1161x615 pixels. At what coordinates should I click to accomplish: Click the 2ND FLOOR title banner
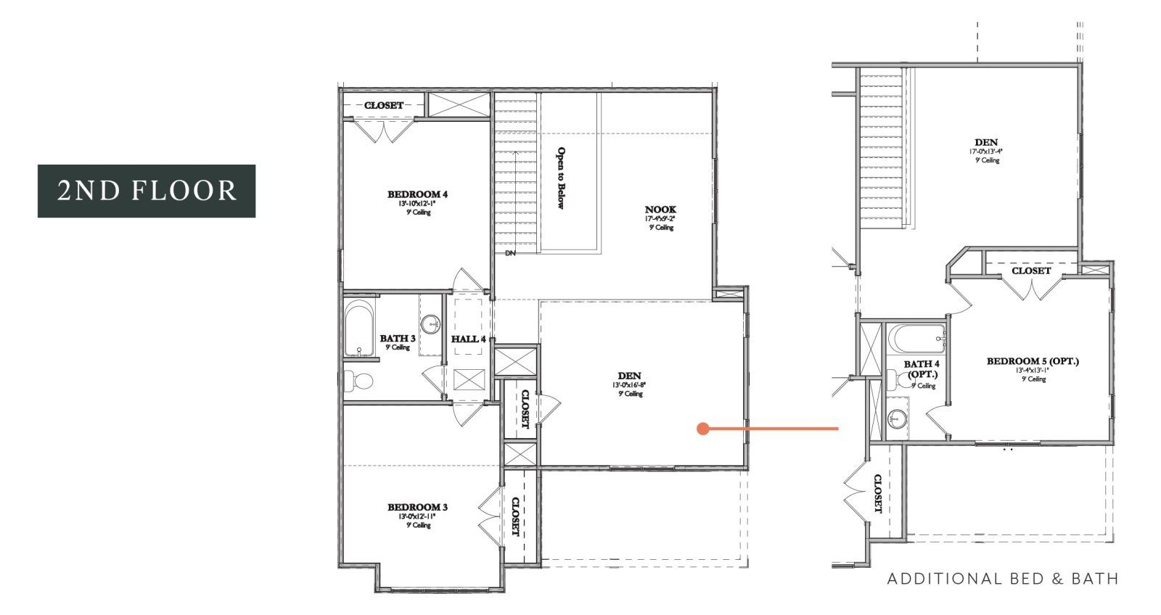coord(147,191)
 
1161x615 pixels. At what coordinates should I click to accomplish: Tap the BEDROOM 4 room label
coord(418,194)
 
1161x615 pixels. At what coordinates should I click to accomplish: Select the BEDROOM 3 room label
coord(418,507)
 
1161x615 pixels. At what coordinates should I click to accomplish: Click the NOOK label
coord(660,210)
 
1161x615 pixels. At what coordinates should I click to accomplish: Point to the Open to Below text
coord(561,178)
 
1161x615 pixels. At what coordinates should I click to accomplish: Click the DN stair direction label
coord(510,252)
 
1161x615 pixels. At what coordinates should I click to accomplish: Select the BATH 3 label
coord(398,339)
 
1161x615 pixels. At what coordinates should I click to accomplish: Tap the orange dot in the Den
coord(702,429)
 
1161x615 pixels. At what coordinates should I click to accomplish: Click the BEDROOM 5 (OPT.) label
coord(1033,361)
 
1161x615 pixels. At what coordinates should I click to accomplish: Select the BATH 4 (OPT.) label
coord(922,369)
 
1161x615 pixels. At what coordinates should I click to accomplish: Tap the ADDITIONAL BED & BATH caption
coord(1002,579)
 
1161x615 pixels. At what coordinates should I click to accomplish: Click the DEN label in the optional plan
coord(986,143)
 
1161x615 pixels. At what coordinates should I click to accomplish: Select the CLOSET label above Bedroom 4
coord(384,106)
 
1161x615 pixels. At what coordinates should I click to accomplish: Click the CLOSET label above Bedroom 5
coord(1030,271)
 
